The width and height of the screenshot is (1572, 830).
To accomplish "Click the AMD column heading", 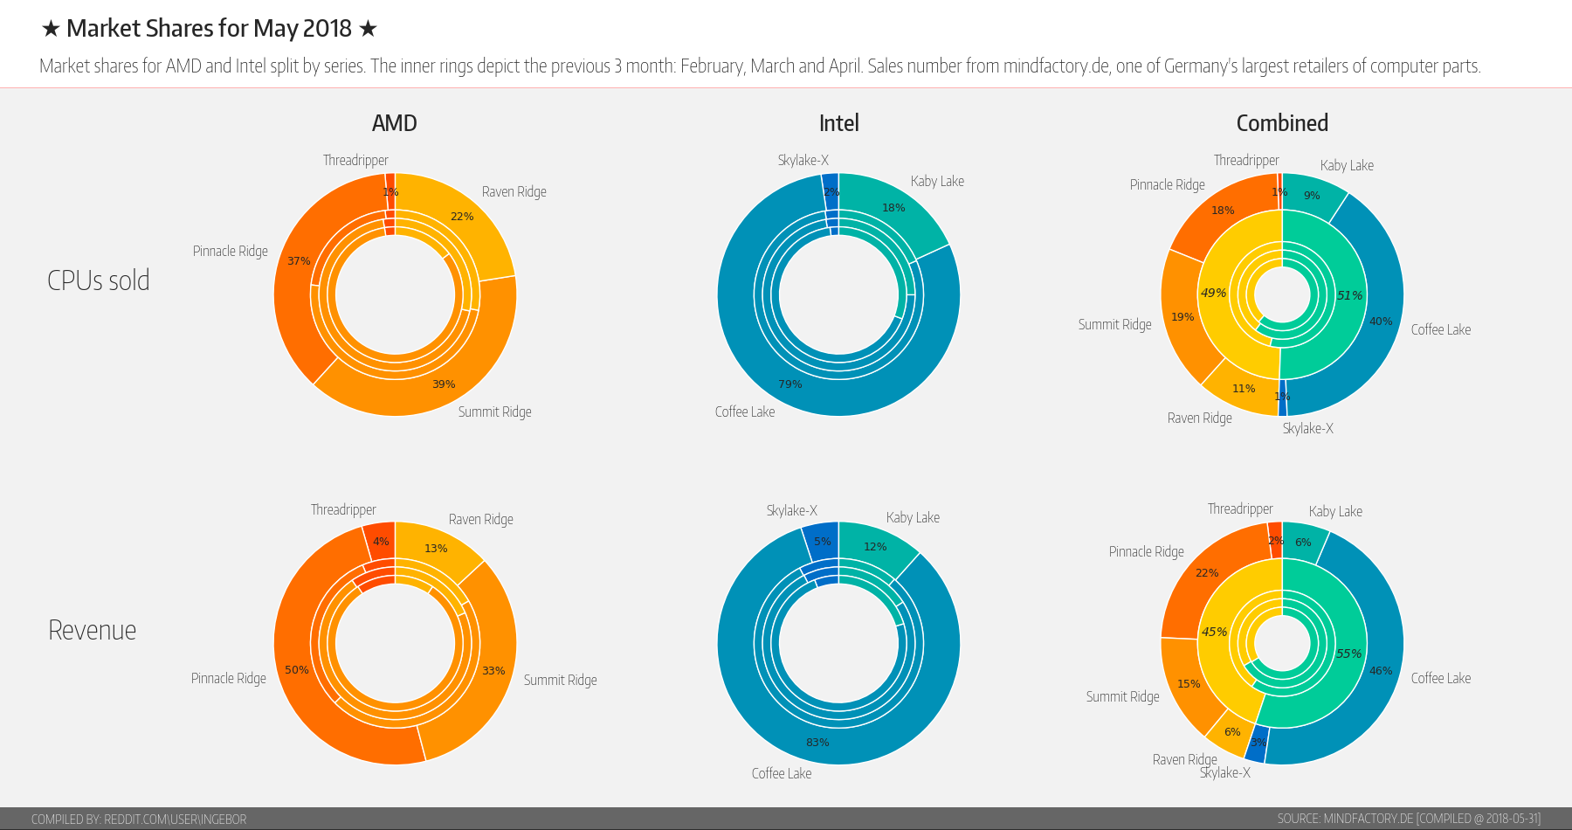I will click(395, 123).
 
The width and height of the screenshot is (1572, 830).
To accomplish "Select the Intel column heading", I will click(838, 123).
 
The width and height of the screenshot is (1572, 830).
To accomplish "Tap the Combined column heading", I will click(1282, 123).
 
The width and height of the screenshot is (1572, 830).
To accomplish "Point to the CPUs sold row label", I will click(99, 280).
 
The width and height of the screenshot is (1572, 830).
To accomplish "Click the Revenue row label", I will click(93, 630).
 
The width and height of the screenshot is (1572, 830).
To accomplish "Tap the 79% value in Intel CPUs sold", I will click(789, 384).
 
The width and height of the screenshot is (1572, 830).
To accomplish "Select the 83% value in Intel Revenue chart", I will click(817, 743).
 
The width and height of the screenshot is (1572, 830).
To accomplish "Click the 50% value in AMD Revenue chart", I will click(297, 670).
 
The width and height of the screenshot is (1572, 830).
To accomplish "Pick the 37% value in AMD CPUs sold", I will click(299, 261).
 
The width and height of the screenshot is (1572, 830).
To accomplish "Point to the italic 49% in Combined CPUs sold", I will click(1213, 293).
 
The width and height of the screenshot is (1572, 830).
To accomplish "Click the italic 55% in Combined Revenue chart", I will click(1348, 654).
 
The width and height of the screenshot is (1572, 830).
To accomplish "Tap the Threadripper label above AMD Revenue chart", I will click(343, 509).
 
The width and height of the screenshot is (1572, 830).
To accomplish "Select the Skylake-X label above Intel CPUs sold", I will click(803, 160).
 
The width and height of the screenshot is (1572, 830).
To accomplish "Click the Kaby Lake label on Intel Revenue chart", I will click(913, 517).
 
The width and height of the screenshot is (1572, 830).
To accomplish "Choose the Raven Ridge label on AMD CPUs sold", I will click(514, 191).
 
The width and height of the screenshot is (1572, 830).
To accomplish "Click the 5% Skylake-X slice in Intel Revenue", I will click(822, 542).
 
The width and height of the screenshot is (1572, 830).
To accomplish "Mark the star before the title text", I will click(51, 29).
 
